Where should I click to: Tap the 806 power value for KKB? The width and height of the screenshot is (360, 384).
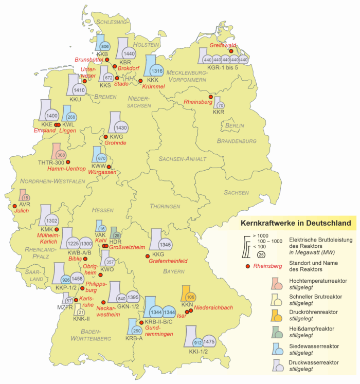click(105, 46)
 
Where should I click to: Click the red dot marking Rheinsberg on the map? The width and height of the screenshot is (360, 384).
click(210, 97)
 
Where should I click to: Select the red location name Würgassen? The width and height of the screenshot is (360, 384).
click(103, 173)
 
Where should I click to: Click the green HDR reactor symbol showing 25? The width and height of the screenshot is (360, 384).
click(117, 235)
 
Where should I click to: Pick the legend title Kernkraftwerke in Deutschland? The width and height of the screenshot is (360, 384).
click(296, 223)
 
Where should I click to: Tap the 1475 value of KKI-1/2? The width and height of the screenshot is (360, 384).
click(209, 341)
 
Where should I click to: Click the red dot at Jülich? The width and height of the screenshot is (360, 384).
click(14, 208)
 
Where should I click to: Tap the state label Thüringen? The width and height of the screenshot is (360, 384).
click(165, 206)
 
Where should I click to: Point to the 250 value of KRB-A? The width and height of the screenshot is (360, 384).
click(136, 331)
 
